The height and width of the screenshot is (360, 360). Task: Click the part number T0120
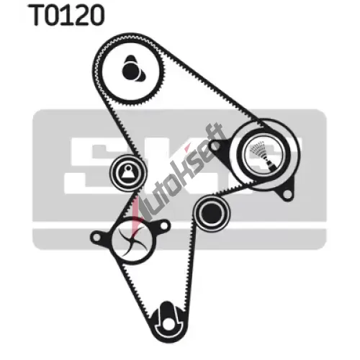point(67,15)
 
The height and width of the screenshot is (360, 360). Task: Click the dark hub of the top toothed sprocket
point(133,69)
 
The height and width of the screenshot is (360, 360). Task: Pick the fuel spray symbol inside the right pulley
point(264,155)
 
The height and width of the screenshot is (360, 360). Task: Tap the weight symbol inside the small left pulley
point(127,171)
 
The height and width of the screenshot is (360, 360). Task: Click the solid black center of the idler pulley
point(212,213)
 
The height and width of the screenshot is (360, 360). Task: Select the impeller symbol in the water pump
point(132,240)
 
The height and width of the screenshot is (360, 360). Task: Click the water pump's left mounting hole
point(96,238)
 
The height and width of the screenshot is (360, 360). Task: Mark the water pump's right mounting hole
point(164,225)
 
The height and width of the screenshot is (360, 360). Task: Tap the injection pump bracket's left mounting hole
point(215,146)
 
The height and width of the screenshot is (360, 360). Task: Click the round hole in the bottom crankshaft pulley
point(168,325)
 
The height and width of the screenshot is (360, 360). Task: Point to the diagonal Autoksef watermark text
point(183,174)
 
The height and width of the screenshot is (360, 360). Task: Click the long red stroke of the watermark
point(136,216)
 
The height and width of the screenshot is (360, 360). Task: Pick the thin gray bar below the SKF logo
point(179,238)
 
